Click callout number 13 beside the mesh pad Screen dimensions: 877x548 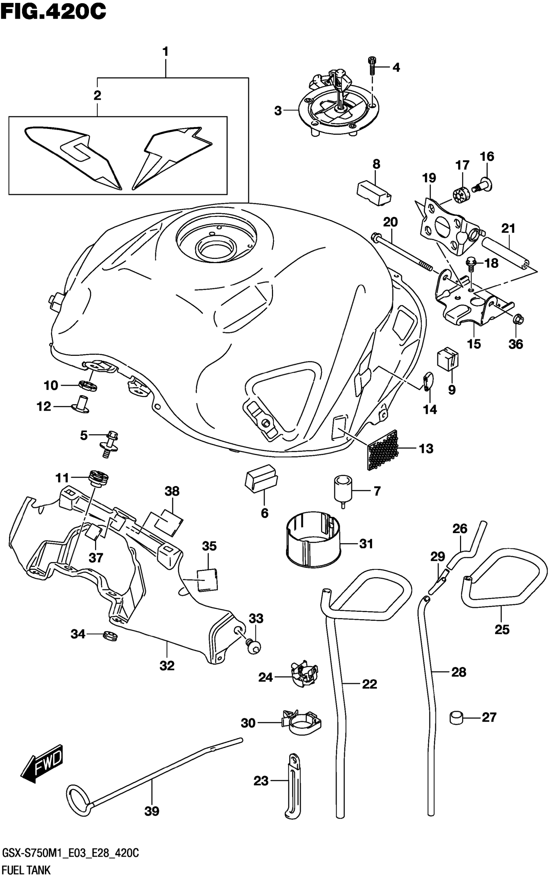(x=426, y=449)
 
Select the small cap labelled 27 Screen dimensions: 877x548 (x=457, y=717)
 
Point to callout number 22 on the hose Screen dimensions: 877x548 (x=369, y=684)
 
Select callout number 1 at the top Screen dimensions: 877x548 (x=165, y=52)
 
